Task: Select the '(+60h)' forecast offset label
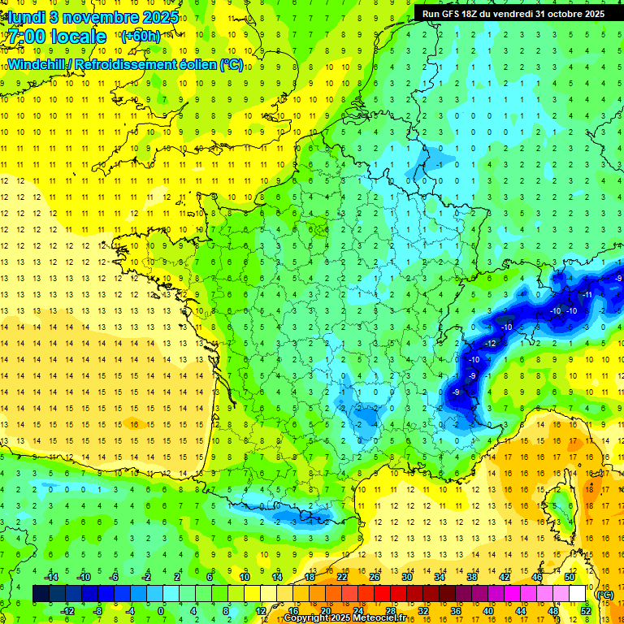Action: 141,37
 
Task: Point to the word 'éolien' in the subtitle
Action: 192,64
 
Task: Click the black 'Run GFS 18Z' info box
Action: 512,13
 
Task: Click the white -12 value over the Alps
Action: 468,344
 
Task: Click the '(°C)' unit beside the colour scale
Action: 604,595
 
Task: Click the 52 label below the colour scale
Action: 586,611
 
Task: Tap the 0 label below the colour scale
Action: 161,611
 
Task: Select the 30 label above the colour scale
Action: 406,577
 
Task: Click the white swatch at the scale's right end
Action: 578,594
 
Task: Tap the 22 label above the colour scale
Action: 342,577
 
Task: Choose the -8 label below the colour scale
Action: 97,611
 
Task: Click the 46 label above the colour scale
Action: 537,577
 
